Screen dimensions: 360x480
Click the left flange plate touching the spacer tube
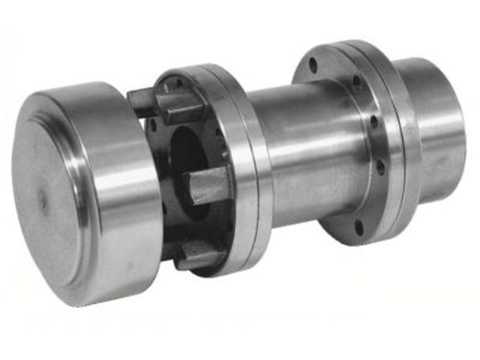251,172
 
